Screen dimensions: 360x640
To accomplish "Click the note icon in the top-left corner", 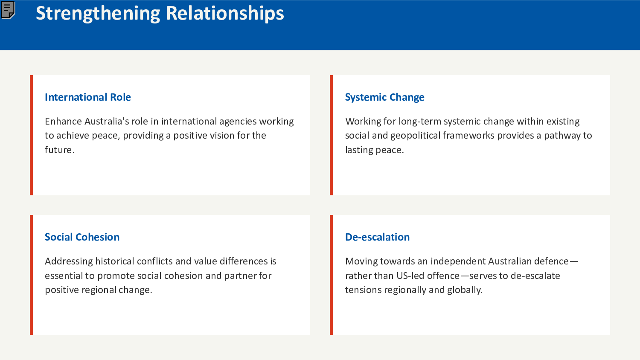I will pos(8,9).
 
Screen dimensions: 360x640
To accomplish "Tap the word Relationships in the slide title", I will pos(224,14).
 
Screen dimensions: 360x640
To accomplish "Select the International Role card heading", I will pos(87,97).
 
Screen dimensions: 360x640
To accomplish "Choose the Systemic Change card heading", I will pos(384,97).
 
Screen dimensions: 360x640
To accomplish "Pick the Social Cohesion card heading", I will pos(82,237).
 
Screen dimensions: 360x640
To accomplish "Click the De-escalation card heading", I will pos(377,237).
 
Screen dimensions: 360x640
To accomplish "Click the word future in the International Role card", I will pos(58,150).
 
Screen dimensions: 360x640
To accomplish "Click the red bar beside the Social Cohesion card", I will pos(32,275).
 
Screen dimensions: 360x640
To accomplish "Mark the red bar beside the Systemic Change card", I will pos(332,135).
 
